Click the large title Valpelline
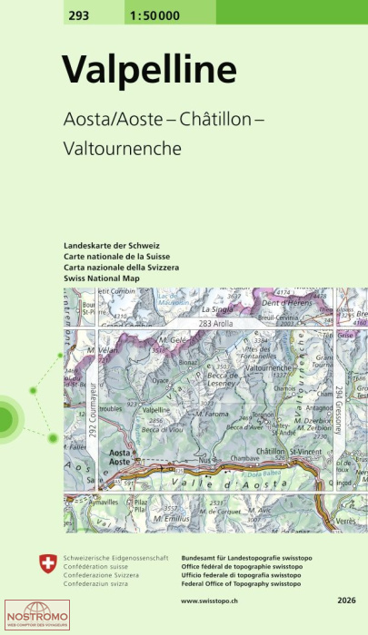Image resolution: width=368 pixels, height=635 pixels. click(149, 69)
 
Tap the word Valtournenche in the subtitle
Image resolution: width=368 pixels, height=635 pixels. click(122, 146)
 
